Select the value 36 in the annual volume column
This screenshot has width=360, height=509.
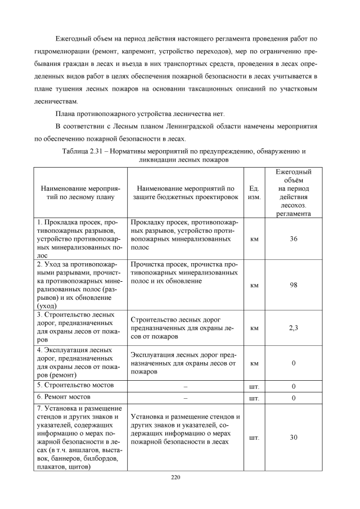293,239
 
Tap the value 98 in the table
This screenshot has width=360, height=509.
293,285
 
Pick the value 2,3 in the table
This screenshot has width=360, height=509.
293,328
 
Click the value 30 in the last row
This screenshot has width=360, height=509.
293,437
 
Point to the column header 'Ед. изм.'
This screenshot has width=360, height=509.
254,192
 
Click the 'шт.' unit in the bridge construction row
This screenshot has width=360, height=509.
254,386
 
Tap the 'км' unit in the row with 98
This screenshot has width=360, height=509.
254,285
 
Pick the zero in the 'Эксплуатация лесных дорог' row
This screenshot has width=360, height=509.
293,363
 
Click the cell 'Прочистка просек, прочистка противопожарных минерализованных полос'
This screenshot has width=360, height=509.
184,272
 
